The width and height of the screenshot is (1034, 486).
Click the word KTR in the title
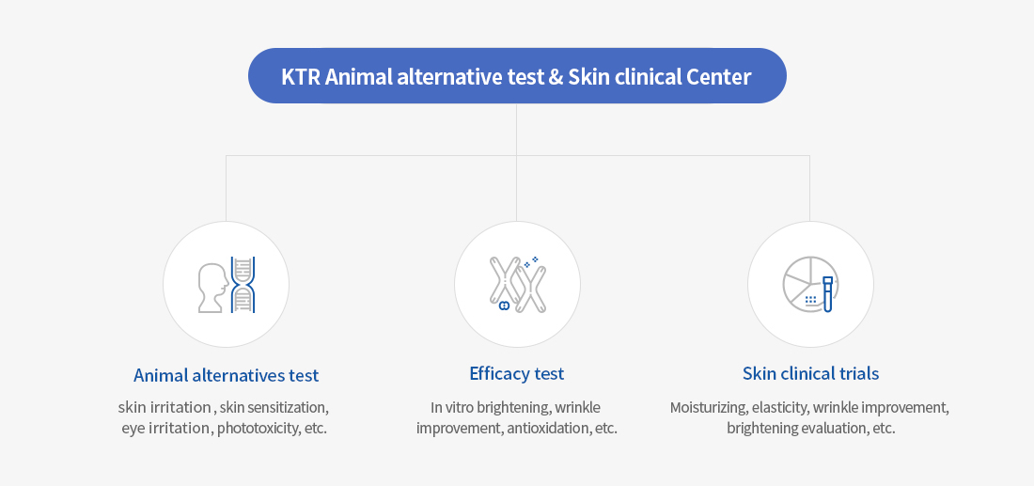click(x=301, y=76)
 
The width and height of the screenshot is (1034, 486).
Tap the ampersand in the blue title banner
click(x=556, y=76)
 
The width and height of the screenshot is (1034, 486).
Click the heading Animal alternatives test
click(x=226, y=375)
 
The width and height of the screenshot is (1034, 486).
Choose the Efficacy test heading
click(x=517, y=373)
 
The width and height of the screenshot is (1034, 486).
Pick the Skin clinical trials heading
click(x=810, y=373)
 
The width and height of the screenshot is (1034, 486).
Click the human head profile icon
click(x=213, y=287)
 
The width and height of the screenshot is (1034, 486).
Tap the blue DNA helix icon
click(x=243, y=284)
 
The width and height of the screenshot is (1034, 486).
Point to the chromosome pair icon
click(x=517, y=285)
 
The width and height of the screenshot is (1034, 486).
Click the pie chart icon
click(x=804, y=281)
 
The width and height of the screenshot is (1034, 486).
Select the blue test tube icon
click(x=828, y=293)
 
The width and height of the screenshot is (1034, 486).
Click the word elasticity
click(x=780, y=407)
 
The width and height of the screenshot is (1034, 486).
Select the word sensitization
click(x=287, y=407)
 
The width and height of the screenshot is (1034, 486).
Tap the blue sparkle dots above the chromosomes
click(x=531, y=262)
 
